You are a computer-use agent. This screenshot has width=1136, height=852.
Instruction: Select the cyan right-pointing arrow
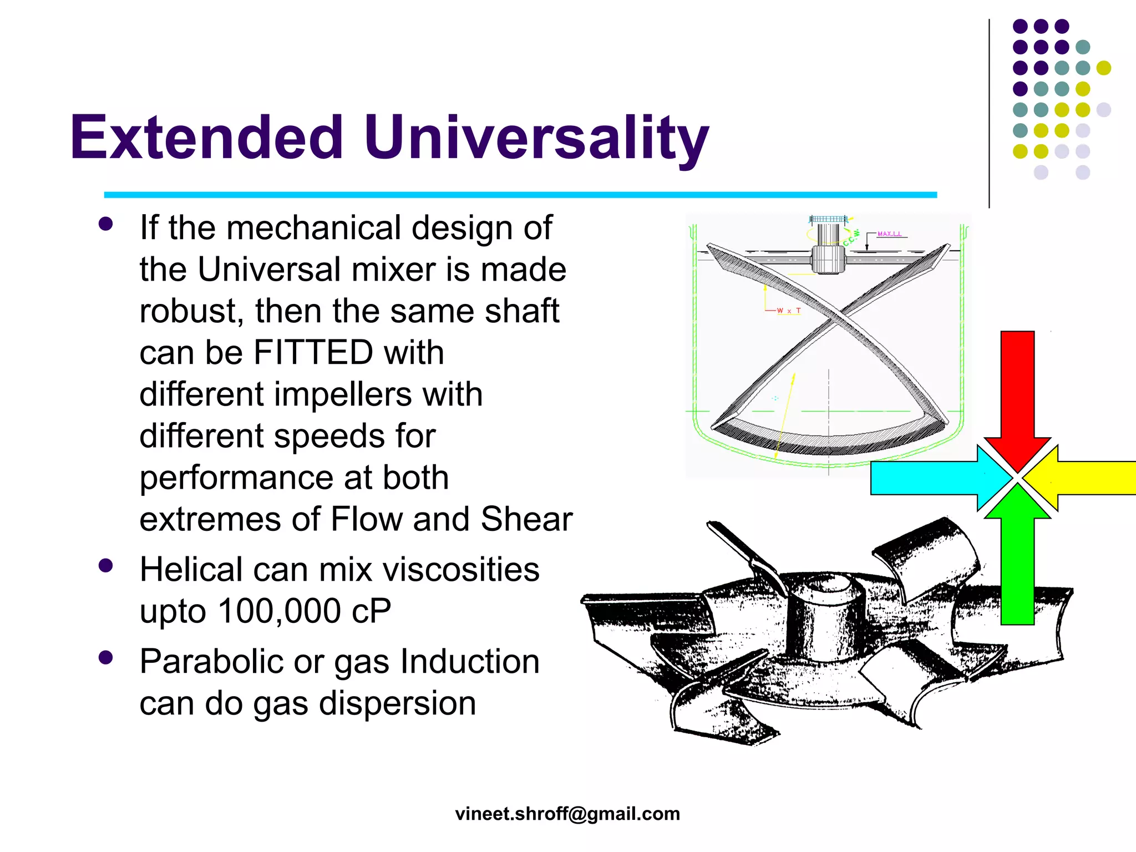pyautogui.click(x=932, y=478)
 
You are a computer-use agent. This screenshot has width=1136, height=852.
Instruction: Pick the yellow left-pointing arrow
pyautogui.click(x=1087, y=478)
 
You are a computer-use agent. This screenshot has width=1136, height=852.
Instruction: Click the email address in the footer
pyautogui.click(x=567, y=814)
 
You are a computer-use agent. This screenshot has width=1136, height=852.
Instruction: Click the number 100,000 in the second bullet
pyautogui.click(x=279, y=611)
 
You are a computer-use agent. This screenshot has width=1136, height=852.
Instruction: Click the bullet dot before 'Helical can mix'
pyautogui.click(x=105, y=566)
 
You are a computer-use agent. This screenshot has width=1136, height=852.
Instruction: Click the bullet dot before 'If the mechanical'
pyautogui.click(x=105, y=224)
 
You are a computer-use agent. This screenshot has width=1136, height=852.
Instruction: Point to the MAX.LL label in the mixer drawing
pyautogui.click(x=889, y=234)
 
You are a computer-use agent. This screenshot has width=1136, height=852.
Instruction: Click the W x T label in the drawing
pyautogui.click(x=788, y=311)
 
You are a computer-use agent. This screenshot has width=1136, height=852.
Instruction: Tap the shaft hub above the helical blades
pyautogui.click(x=828, y=258)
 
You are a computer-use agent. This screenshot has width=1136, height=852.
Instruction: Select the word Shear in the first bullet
pyautogui.click(x=526, y=520)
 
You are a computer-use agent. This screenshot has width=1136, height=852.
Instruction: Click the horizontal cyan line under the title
pyautogui.click(x=520, y=195)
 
